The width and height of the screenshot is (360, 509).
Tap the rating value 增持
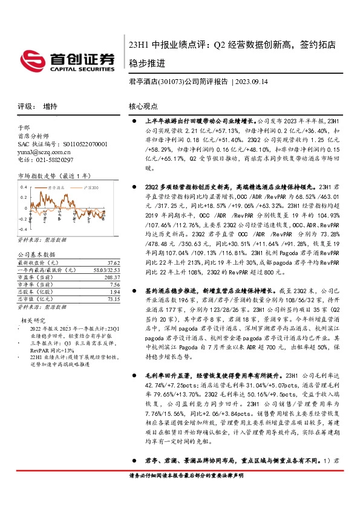pos(50,106)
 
